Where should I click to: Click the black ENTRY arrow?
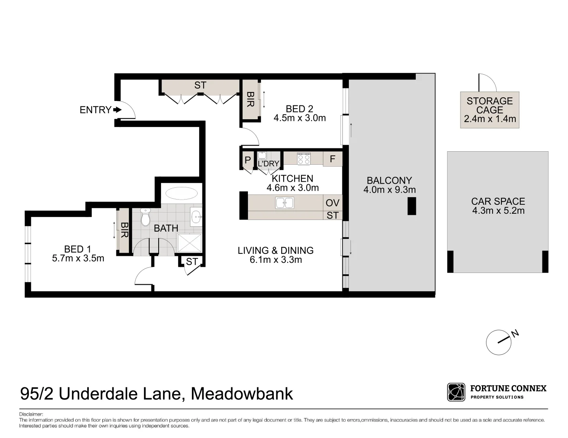click(x=117, y=109)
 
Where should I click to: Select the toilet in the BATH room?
click(x=145, y=217)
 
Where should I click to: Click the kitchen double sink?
click(x=284, y=202)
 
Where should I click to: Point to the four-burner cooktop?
click(x=303, y=159)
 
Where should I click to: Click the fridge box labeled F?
click(x=333, y=159)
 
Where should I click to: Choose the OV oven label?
click(x=332, y=203)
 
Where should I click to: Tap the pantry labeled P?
click(x=247, y=160)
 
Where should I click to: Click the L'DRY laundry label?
click(x=269, y=163)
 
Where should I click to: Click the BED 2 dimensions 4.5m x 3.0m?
click(x=299, y=118)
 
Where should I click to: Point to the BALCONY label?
click(x=389, y=180)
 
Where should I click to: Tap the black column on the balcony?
click(x=412, y=206)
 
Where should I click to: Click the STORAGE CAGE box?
click(x=490, y=110)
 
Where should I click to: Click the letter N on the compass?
click(x=515, y=334)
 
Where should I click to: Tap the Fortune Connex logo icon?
click(x=456, y=392)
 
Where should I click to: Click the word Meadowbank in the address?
click(x=242, y=394)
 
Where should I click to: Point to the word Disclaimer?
click(x=31, y=414)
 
